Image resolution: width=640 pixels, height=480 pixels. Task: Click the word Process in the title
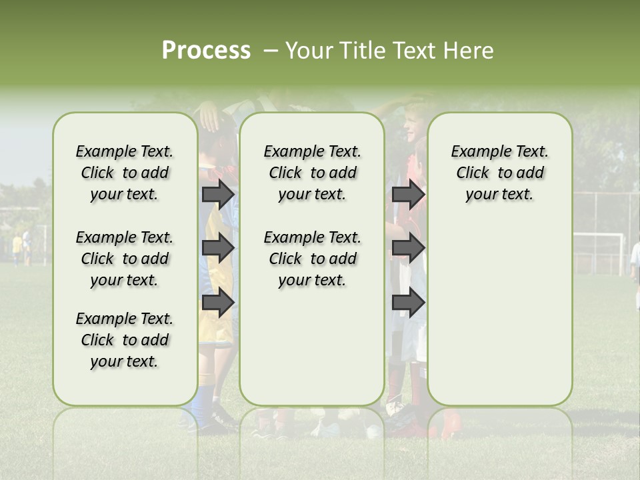[x=206, y=51]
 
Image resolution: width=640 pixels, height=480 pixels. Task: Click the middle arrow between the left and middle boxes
[x=217, y=248]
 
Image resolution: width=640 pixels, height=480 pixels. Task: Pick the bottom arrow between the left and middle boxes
[x=217, y=303]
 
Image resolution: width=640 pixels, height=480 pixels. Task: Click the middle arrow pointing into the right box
[x=408, y=248]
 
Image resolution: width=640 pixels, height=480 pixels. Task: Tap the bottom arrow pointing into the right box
[x=408, y=303]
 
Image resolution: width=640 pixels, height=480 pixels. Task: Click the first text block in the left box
[x=125, y=173]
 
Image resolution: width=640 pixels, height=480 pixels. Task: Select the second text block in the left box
[x=125, y=259]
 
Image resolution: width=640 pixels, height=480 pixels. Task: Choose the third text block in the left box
[x=125, y=340]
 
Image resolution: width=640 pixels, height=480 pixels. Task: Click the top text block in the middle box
[x=312, y=173]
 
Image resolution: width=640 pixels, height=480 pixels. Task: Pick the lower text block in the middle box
[x=312, y=259]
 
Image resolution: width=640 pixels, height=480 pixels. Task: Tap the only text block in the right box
[x=499, y=173]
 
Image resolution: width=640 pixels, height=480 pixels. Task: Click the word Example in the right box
[x=475, y=152]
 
